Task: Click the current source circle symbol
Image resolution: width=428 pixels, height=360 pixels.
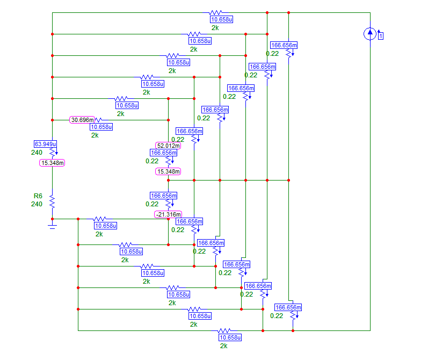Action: point(370,34)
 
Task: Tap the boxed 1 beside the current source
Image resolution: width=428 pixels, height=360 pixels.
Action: point(381,36)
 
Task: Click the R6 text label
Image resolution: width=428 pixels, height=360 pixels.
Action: point(37,196)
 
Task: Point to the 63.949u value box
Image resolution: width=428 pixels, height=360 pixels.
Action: point(46,144)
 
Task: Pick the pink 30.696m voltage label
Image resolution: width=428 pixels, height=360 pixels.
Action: point(82,120)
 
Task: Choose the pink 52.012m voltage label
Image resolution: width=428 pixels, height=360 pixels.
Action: point(168,145)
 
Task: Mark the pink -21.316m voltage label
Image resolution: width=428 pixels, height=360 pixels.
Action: point(168,214)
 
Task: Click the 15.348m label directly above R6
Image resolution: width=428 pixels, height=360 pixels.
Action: point(52,163)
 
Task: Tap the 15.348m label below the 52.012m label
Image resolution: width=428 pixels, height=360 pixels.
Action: point(168,171)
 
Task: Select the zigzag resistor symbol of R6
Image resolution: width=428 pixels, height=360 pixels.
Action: point(52,201)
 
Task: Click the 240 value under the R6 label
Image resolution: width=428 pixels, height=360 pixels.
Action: point(37,204)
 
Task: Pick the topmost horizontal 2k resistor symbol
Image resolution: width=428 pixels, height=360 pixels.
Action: point(215,12)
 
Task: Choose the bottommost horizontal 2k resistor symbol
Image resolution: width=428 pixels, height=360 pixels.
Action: point(224,330)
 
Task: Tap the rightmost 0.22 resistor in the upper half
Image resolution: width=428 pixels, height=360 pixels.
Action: point(289,54)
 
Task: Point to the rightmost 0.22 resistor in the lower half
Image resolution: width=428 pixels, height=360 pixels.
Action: point(293,316)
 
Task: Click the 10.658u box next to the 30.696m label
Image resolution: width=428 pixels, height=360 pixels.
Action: point(101,127)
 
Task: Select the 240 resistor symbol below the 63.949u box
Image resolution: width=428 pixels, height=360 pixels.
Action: point(52,153)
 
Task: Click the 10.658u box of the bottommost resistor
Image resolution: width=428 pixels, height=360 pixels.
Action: point(230,338)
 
